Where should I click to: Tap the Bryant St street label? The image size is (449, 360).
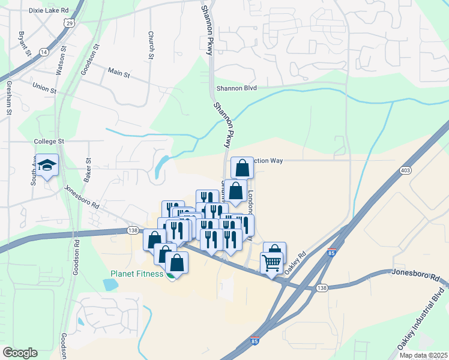pyautogui.click(x=24, y=44)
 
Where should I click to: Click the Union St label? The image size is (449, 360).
pyautogui.click(x=44, y=89)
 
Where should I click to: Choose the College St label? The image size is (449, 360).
pyautogui.click(x=49, y=141)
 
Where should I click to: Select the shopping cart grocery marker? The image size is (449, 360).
pyautogui.click(x=271, y=262)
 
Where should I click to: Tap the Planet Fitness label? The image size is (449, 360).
pyautogui.click(x=137, y=274)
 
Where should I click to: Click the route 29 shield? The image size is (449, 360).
pyautogui.click(x=70, y=23)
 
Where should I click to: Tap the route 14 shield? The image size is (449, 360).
pyautogui.click(x=43, y=52)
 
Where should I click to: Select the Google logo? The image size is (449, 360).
pyautogui.click(x=20, y=353)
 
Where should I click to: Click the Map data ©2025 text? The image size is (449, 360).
pyautogui.click(x=423, y=355)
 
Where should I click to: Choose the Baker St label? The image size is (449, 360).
pyautogui.click(x=88, y=170)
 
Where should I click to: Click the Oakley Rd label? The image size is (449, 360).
pyautogui.click(x=295, y=262)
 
